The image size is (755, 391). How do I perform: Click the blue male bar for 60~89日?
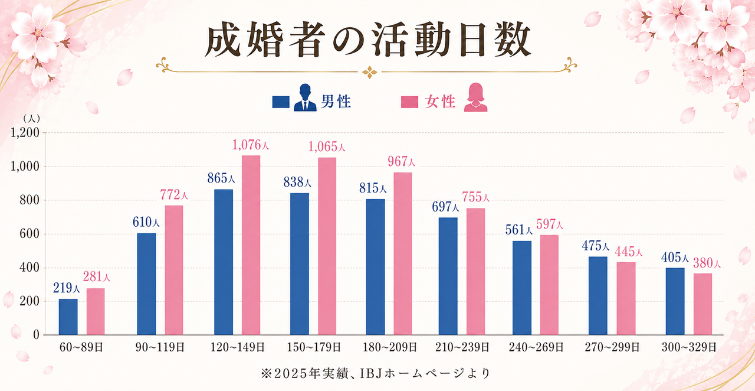(68, 317)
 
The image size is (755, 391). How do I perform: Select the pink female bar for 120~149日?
(251, 245)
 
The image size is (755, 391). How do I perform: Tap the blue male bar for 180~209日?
(376, 267)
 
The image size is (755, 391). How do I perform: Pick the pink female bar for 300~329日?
(703, 304)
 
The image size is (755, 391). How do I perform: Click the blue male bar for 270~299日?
(598, 296)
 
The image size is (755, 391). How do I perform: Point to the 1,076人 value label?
(251, 145)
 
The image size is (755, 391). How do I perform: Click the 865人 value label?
(221, 178)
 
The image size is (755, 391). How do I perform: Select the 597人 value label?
(549, 224)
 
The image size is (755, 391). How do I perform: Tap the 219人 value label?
(67, 288)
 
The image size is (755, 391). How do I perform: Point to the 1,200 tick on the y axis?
(25, 133)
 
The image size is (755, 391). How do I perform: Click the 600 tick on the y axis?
(29, 234)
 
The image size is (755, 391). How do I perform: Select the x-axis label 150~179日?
(314, 347)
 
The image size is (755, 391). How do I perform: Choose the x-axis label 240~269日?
(536, 347)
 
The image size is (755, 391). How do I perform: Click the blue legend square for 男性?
(281, 102)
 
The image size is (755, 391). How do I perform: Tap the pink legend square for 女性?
(409, 102)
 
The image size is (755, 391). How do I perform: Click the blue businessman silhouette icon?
(305, 98)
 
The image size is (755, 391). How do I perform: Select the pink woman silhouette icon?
(475, 98)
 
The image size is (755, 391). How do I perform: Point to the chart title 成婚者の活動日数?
(368, 39)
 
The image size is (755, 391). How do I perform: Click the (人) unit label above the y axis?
(31, 119)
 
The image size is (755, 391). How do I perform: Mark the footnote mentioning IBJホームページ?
(376, 373)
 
